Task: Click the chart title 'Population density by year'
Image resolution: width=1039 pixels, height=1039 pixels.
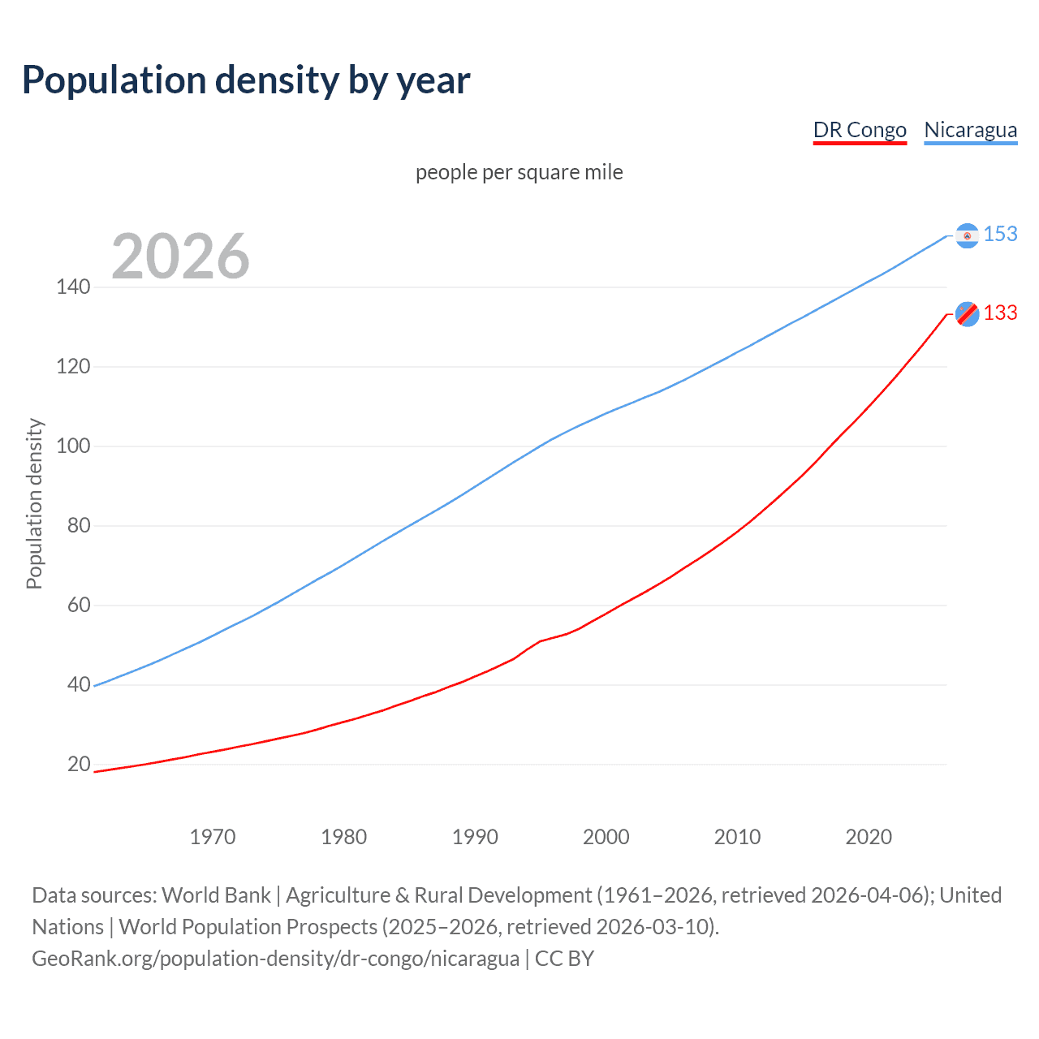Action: tap(246, 80)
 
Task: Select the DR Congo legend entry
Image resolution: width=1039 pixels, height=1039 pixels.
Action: tap(860, 130)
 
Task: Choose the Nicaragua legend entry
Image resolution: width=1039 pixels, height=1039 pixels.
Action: tap(970, 130)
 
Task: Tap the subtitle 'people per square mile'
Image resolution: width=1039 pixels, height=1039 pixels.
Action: tap(519, 173)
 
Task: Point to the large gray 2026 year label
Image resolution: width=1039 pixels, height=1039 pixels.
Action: tap(180, 257)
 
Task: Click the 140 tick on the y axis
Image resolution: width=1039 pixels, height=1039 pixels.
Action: tap(73, 287)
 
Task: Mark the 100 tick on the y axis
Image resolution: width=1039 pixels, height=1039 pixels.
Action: tap(73, 446)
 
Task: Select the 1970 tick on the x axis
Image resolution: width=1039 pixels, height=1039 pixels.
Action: tap(213, 837)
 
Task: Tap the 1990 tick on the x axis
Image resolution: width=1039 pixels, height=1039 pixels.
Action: tap(475, 837)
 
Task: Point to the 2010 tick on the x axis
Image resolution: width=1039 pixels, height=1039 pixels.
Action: tap(737, 837)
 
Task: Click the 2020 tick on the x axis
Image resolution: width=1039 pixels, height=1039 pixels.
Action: tap(869, 837)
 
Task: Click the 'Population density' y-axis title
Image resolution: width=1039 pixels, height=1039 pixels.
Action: tap(34, 503)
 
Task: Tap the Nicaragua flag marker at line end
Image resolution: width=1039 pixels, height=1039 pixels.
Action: tap(967, 235)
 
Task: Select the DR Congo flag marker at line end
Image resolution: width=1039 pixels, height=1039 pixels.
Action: tap(967, 313)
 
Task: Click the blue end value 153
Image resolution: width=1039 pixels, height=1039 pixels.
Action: tap(1000, 235)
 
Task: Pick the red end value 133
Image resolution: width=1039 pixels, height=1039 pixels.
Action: tap(1000, 313)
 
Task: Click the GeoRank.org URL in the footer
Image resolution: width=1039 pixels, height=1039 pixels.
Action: tap(275, 959)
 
